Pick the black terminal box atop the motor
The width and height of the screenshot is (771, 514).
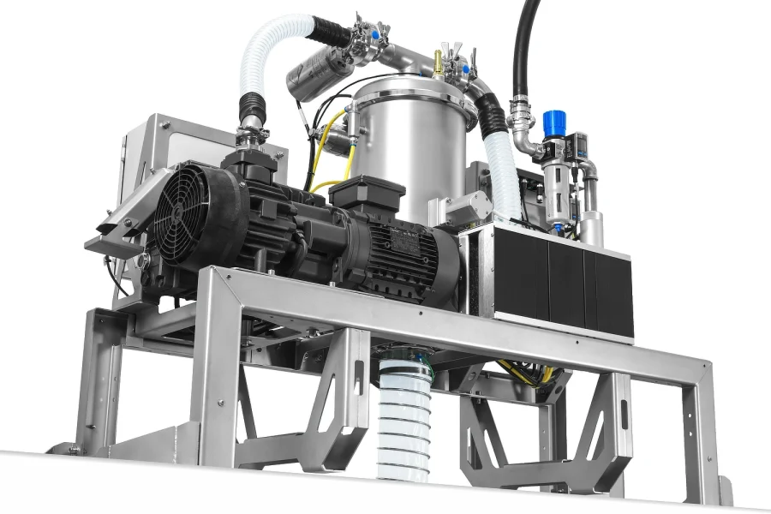click(367, 193)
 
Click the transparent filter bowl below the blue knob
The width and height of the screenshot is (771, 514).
click(558, 184)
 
